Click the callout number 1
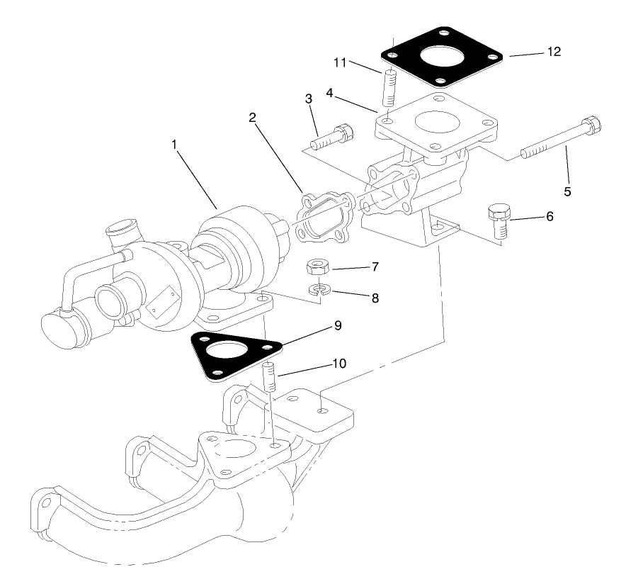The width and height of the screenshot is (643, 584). click(173, 144)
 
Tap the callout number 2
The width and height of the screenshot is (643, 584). click(252, 117)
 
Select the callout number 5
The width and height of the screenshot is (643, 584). click(567, 191)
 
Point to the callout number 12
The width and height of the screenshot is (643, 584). click(554, 52)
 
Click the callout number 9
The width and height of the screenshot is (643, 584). click(338, 325)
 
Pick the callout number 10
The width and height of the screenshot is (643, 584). click(339, 364)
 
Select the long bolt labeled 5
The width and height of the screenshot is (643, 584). click(559, 142)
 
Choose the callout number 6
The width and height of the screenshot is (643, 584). click(550, 216)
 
